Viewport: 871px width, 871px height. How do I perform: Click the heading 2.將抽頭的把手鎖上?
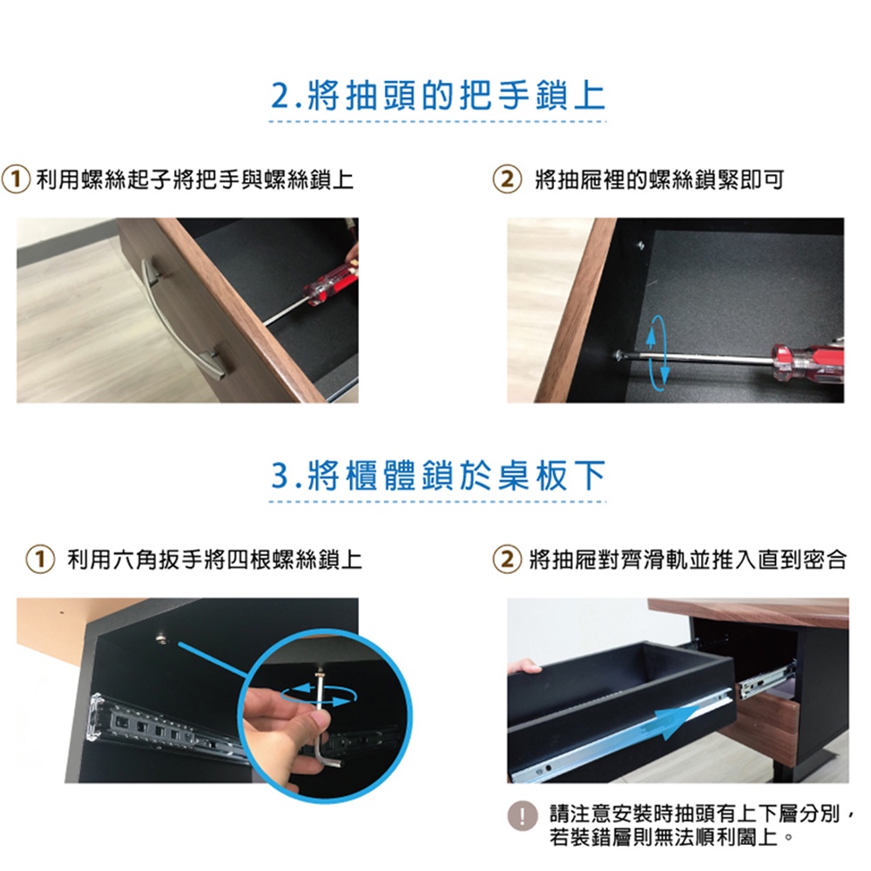coord(438,96)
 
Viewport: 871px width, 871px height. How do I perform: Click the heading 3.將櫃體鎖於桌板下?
coord(438,476)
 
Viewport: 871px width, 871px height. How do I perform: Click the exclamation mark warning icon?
coord(522,817)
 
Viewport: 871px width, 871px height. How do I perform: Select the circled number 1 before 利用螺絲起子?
coord(16,179)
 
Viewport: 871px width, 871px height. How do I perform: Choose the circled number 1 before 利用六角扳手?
coord(40,559)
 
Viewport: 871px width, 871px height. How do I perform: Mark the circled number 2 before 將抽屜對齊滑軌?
coord(507,559)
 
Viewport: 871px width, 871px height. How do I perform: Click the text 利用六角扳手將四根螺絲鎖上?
coord(214,559)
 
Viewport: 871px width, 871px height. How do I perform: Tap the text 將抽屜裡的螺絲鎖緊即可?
coord(659,179)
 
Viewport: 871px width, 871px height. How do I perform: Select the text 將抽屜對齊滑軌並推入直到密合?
coord(688,559)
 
